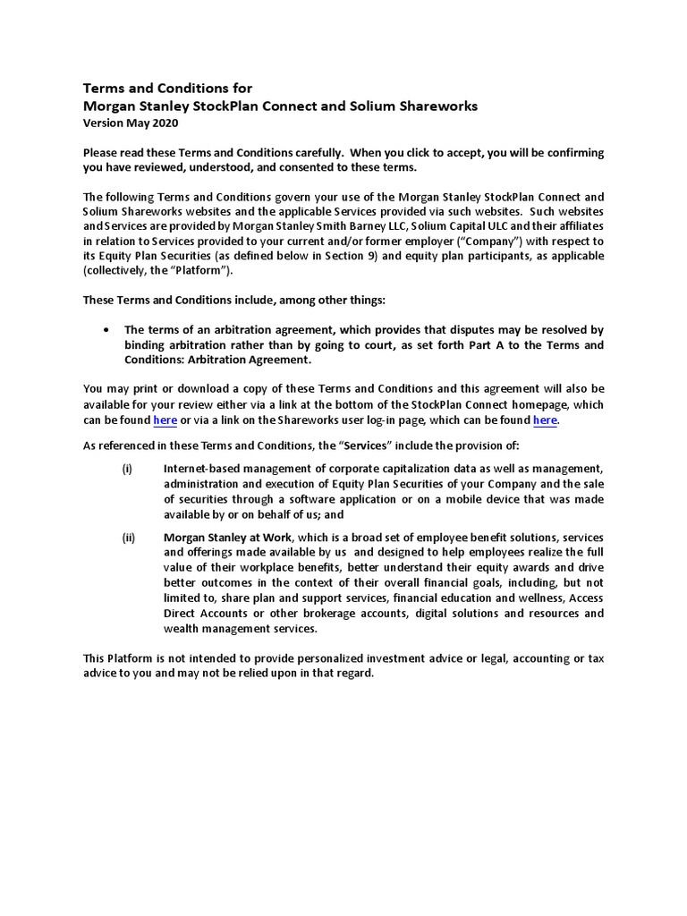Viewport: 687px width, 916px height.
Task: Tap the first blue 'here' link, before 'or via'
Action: pos(165,420)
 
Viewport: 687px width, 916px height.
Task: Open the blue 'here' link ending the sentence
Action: pos(545,420)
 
